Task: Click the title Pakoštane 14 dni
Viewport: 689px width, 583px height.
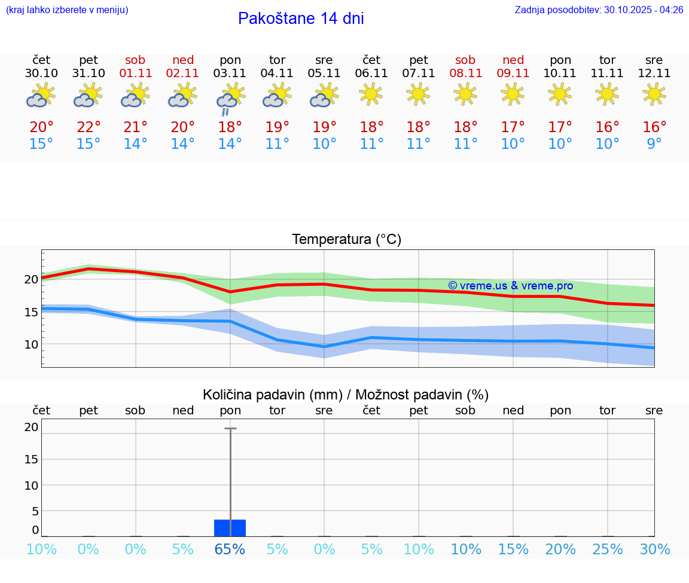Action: pyautogui.click(x=301, y=19)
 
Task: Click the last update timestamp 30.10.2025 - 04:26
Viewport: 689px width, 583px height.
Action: pyautogui.click(x=635, y=10)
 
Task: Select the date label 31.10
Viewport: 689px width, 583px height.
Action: pyautogui.click(x=89, y=74)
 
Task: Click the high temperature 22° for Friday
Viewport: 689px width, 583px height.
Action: pyautogui.click(x=89, y=127)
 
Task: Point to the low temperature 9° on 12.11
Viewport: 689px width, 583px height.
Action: pyautogui.click(x=654, y=144)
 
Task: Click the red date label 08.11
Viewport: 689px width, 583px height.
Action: pyautogui.click(x=465, y=74)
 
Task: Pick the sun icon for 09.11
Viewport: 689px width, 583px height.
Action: pyautogui.click(x=513, y=94)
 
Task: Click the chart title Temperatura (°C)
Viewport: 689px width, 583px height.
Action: pyautogui.click(x=346, y=240)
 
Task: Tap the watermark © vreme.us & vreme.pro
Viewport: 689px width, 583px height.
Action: pyautogui.click(x=510, y=286)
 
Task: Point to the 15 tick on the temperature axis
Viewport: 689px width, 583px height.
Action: pyautogui.click(x=31, y=312)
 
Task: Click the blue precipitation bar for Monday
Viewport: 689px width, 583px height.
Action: pyautogui.click(x=230, y=528)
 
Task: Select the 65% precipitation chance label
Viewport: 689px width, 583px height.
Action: pyautogui.click(x=230, y=550)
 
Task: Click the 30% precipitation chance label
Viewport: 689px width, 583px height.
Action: pyautogui.click(x=654, y=550)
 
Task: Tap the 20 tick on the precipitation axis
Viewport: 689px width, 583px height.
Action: pyautogui.click(x=31, y=427)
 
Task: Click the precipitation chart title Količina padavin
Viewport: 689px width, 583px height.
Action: pyautogui.click(x=346, y=395)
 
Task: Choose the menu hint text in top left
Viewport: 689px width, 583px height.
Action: pyautogui.click(x=67, y=10)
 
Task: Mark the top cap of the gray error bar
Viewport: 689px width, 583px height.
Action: pyautogui.click(x=230, y=428)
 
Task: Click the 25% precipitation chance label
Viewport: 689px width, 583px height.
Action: pyautogui.click(x=607, y=550)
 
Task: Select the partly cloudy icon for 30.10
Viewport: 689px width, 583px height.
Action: pyautogui.click(x=41, y=96)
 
